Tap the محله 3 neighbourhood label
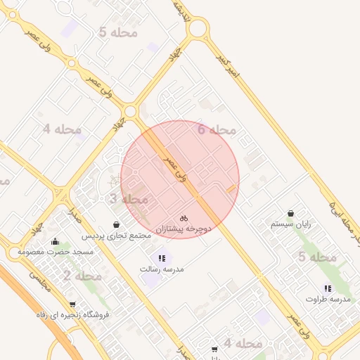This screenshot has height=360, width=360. coord(123,199)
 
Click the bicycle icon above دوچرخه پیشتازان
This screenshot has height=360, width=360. coord(184,218)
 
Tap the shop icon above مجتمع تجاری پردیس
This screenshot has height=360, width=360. coord(116,224)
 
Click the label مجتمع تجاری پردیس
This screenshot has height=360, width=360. coord(117,236)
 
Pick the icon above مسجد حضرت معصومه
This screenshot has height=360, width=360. coord(56,241)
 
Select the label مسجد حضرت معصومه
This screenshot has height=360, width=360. coord(56,252)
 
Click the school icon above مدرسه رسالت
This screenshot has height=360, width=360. coord(162,258)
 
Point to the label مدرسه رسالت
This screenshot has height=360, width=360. coord(162,269)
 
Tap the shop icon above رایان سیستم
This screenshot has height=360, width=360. coord(291,213)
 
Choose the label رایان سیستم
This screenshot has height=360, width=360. coord(291,224)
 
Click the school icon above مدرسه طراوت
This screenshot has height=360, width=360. coord(328,288)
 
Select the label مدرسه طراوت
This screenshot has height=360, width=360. coord(328,300)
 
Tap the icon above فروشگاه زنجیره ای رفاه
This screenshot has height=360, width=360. coord(72,304)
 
